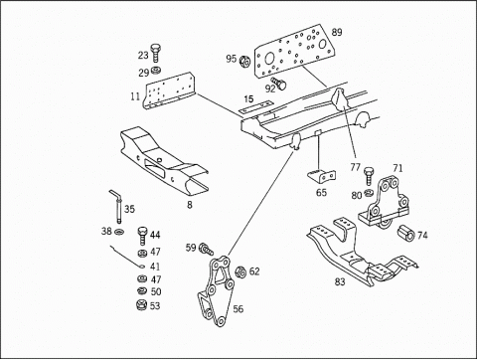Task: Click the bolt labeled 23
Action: point(155,53)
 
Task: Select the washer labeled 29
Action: point(155,71)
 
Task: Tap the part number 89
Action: point(337,33)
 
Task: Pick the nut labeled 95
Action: point(244,61)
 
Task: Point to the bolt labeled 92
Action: point(279,84)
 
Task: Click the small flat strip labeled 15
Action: point(256,107)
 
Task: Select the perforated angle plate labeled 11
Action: point(169,91)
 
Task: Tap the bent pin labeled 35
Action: point(117,206)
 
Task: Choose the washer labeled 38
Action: point(118,232)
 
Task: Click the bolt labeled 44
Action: point(142,236)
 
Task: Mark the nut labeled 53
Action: point(142,305)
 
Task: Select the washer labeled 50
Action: point(142,290)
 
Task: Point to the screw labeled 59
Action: point(206,250)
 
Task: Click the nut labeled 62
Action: point(240,272)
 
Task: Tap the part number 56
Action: point(238,309)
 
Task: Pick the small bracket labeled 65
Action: point(322,176)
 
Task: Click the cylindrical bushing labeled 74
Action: point(405,233)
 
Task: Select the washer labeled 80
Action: point(369,192)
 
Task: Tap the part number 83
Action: point(340,282)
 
